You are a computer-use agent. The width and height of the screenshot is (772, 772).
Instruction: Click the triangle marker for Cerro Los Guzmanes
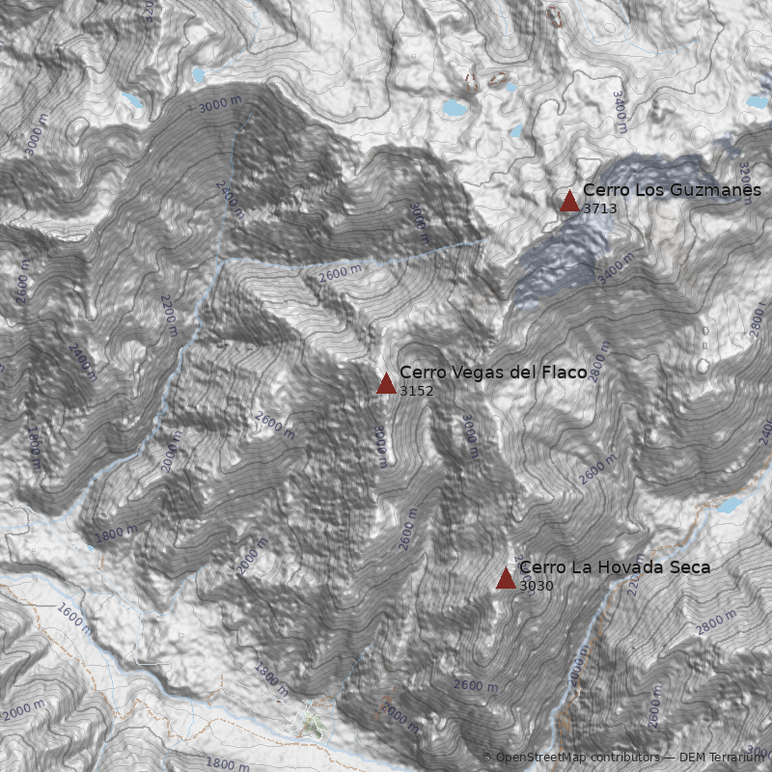pos(569,201)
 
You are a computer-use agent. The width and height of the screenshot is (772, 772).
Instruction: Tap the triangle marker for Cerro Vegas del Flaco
pos(386,384)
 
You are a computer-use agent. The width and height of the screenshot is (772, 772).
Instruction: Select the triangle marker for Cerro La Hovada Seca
pos(506,578)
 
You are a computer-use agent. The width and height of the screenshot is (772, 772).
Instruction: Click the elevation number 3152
pos(416,391)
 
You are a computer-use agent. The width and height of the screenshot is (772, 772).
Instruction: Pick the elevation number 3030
pos(536,585)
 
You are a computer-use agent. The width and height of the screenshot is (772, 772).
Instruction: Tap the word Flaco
pos(558,372)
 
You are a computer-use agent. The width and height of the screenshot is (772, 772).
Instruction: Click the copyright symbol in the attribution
pos(486,758)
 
